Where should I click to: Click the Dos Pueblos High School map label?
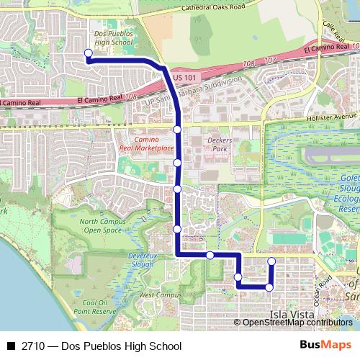point(113,38)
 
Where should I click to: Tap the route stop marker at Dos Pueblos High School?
point(88,53)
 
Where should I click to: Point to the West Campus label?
point(156,295)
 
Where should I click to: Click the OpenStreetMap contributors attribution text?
point(297,323)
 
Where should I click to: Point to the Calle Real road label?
point(330,30)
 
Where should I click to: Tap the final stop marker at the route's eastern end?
point(271,261)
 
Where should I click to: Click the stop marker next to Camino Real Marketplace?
point(177,130)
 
